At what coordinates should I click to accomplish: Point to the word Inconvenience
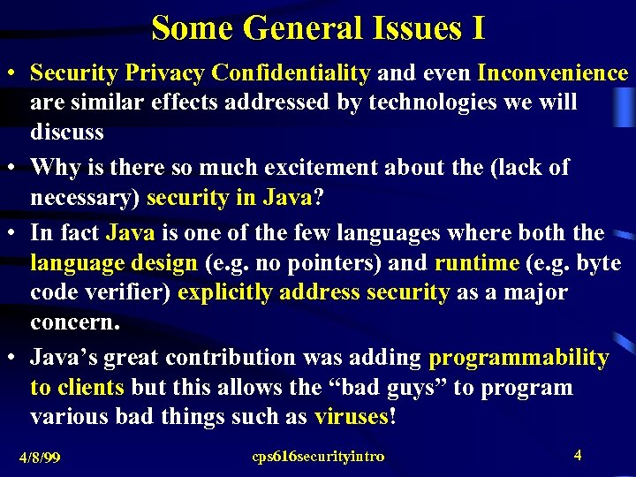[553, 72]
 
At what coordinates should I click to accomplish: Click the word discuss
[67, 132]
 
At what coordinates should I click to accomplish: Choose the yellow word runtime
[477, 263]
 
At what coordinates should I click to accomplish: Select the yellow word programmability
[519, 358]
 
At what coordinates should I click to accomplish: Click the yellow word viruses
[351, 417]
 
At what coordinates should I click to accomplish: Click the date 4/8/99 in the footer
[42, 458]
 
